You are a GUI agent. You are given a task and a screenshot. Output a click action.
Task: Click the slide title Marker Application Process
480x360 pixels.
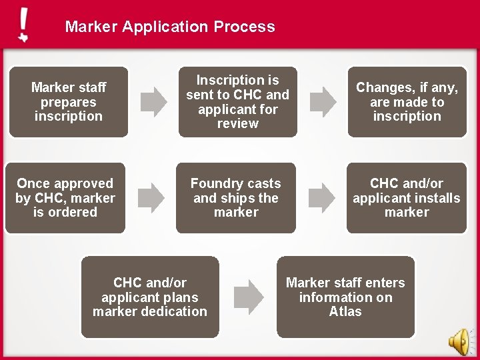click(x=170, y=27)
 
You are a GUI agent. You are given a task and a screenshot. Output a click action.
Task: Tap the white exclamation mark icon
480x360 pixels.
click(x=24, y=25)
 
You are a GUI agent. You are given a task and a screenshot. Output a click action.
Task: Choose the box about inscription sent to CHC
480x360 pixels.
click(x=237, y=102)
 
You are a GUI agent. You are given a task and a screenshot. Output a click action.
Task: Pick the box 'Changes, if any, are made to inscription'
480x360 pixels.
click(x=407, y=102)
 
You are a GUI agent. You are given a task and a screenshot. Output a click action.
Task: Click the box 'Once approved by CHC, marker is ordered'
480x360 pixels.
click(x=65, y=198)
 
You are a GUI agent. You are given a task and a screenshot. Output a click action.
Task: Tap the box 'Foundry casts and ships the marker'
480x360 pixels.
click(x=236, y=198)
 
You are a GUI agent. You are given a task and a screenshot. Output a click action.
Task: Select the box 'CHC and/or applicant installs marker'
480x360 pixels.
click(x=407, y=198)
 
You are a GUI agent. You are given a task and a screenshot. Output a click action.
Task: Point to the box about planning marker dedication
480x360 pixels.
click(x=150, y=297)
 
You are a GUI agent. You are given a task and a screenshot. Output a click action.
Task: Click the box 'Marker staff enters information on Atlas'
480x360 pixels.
click(x=345, y=297)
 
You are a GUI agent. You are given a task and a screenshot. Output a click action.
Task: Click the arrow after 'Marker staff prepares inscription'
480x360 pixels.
click(x=156, y=100)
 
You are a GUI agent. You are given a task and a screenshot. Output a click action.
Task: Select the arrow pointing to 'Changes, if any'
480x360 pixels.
click(x=325, y=100)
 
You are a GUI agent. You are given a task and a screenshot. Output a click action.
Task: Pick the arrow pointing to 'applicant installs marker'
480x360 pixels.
click(x=325, y=196)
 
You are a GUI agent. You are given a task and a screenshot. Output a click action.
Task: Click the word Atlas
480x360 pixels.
click(x=345, y=311)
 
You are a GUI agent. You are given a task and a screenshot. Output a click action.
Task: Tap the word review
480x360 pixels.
click(x=237, y=124)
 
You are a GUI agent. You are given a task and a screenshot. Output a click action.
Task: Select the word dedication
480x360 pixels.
click(x=173, y=311)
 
